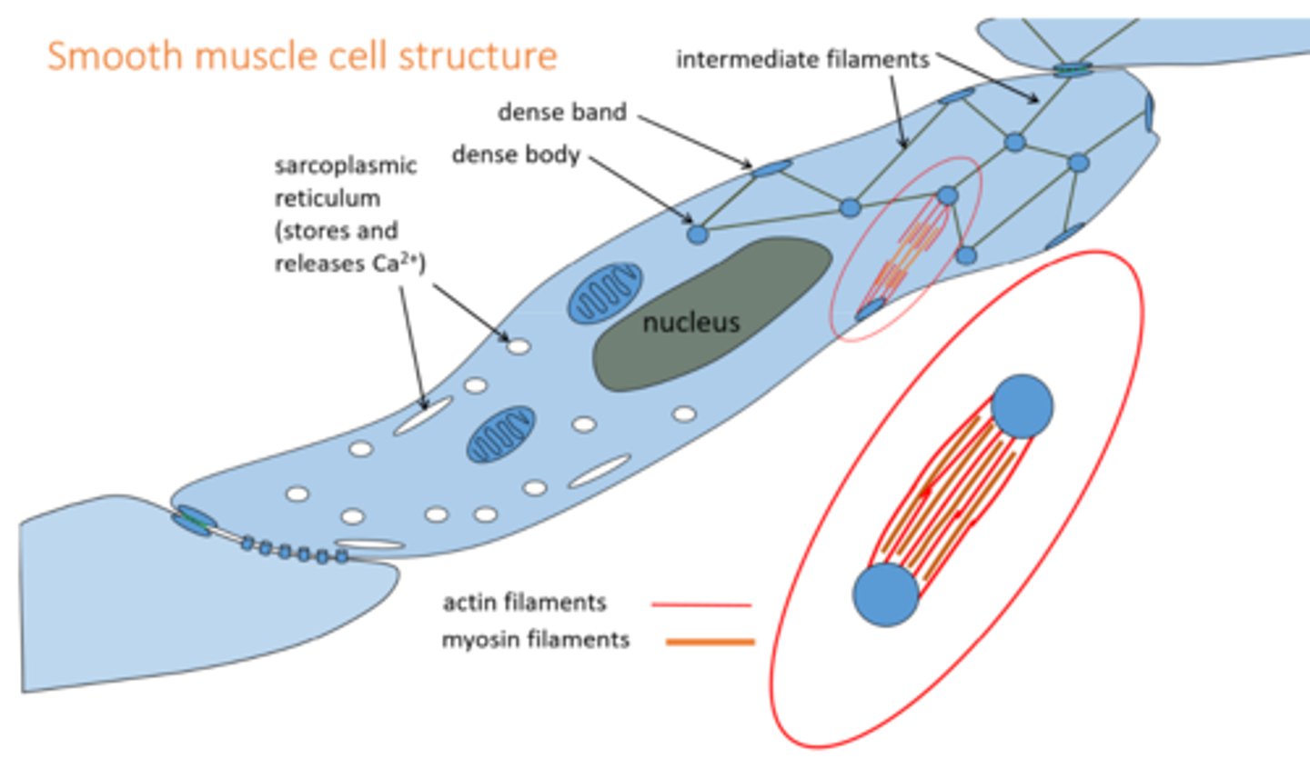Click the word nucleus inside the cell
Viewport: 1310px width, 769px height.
[690, 322]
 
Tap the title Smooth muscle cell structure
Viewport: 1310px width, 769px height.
[302, 55]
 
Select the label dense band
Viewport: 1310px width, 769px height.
[561, 112]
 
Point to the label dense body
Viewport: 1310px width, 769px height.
[516, 155]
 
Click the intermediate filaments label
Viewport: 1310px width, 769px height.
[802, 60]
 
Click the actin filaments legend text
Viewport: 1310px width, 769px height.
[524, 603]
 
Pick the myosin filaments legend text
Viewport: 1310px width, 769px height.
[535, 640]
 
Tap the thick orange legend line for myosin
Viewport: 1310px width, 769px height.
[710, 642]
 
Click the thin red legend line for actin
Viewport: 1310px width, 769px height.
[701, 604]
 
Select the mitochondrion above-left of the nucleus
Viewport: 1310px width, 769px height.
[605, 293]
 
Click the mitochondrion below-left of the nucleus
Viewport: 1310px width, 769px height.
[500, 434]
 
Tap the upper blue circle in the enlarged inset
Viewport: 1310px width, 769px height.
[1022, 406]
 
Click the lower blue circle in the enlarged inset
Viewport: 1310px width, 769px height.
[886, 594]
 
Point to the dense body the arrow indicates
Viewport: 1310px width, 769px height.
[697, 235]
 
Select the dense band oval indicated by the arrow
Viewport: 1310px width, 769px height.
[771, 168]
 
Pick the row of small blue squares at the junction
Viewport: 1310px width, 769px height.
[293, 551]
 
